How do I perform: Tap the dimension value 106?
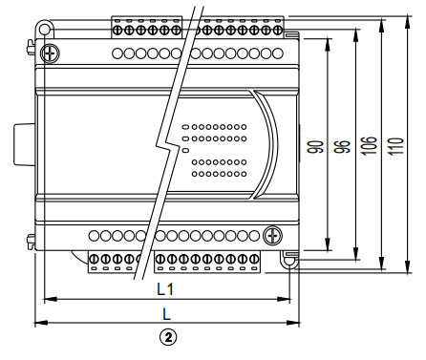368,147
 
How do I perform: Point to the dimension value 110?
394,147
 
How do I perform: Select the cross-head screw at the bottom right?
273,234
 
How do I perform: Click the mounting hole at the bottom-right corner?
288,257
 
